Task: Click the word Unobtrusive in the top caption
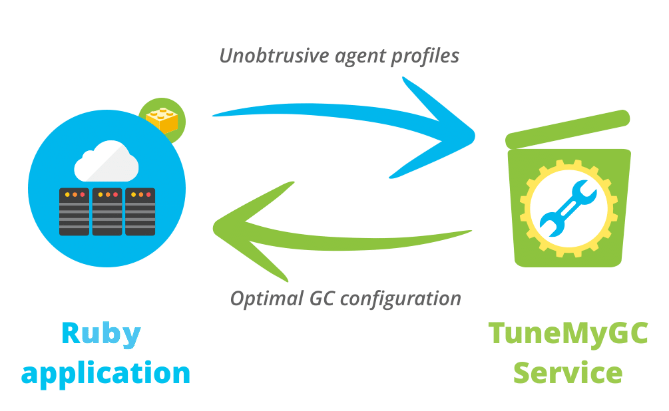coord(274,55)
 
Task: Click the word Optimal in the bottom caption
coord(267,299)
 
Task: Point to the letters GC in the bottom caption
coord(322,299)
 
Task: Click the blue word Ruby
coord(101,335)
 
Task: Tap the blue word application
coord(106,374)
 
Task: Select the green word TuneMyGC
coord(568,335)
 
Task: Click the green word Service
coord(568,372)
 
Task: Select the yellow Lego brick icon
coord(162,120)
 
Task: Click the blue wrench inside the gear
coord(568,208)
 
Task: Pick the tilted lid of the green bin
coord(567,129)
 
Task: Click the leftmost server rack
coord(75,212)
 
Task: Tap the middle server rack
coord(107,212)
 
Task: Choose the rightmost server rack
coord(140,212)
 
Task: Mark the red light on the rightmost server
coord(148,195)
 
